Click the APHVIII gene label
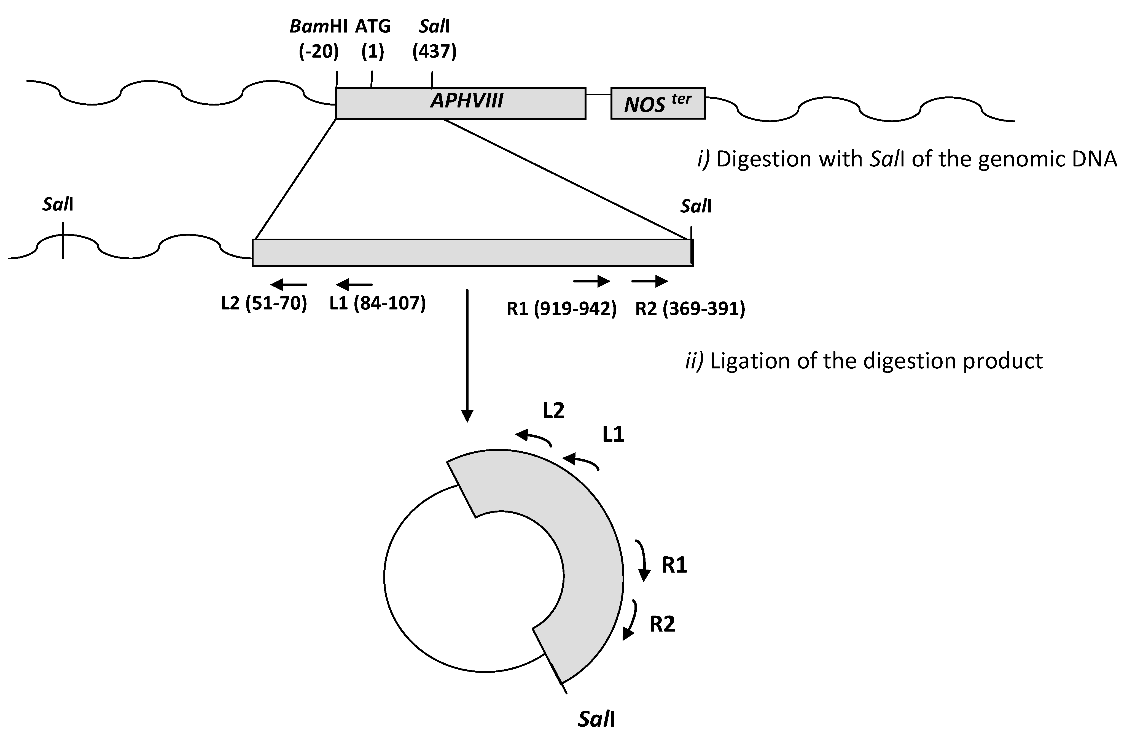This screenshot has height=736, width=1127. [466, 101]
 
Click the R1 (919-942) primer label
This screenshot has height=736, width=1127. [562, 309]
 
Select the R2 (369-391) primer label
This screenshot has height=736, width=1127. [690, 309]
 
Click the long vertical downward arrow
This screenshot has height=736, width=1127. [467, 355]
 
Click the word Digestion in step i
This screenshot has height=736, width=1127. [765, 160]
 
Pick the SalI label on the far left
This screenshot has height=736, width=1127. [58, 204]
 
